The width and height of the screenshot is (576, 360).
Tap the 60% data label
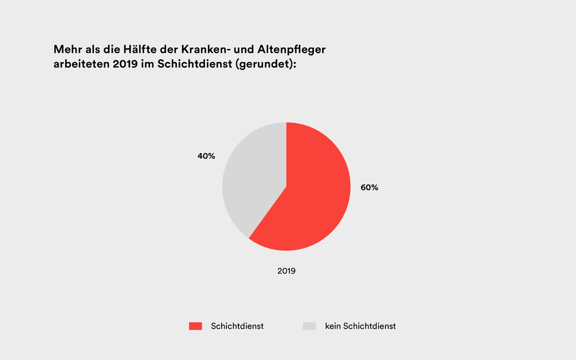(369, 187)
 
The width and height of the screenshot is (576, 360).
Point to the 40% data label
(206, 156)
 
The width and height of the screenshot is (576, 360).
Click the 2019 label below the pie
(286, 270)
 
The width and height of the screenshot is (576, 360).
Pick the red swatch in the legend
(195, 326)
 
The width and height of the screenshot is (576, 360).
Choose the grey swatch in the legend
(310, 326)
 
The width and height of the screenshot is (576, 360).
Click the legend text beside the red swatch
(237, 326)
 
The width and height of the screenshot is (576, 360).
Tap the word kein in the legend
(333, 326)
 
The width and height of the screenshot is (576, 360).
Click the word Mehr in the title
(68, 50)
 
